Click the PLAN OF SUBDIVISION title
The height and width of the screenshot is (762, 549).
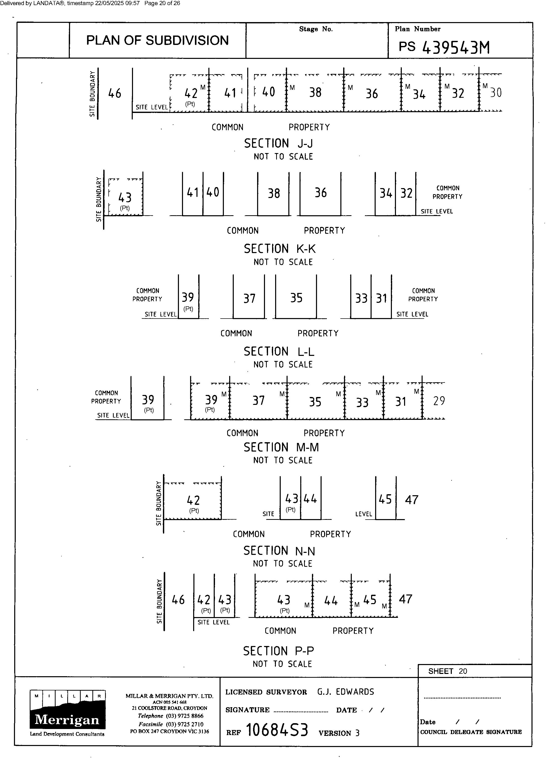point(157,40)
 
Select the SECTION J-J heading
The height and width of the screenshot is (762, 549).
point(278,143)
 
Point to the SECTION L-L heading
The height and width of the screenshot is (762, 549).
point(279,352)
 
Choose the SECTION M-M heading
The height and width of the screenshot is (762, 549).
point(281,447)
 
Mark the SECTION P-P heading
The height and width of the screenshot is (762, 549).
point(278,651)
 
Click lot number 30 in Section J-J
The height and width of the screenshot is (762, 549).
point(496,93)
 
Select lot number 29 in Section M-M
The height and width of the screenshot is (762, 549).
point(439,401)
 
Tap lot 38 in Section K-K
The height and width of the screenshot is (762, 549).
point(274,193)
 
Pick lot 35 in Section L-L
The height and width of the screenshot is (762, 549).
point(296,298)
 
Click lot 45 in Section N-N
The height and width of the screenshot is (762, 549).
point(385,499)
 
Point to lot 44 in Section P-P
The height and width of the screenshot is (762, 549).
point(331,600)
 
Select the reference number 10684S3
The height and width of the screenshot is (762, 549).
point(277,730)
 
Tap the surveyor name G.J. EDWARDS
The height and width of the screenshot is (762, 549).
point(345,692)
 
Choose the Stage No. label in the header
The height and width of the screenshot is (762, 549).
point(316,29)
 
